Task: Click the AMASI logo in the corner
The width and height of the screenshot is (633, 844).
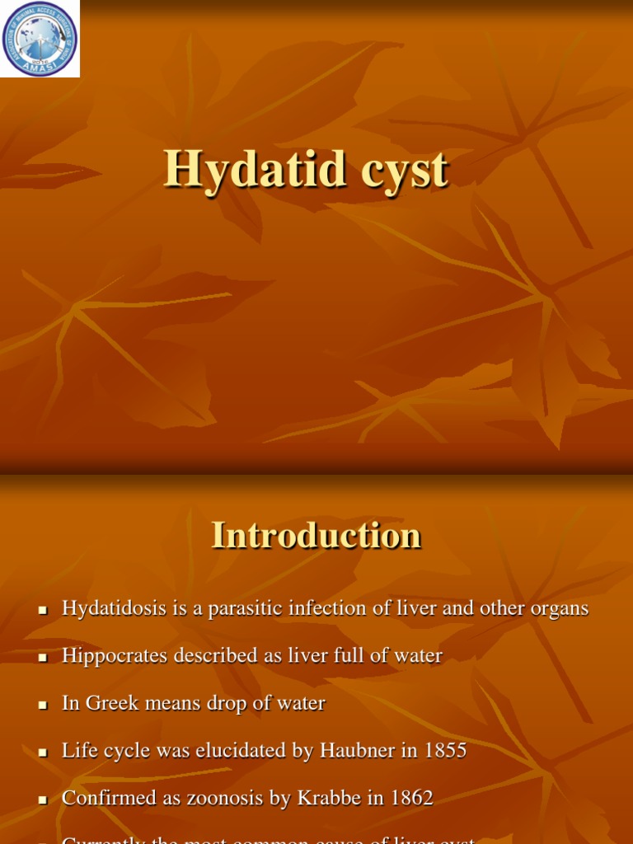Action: coord(40,39)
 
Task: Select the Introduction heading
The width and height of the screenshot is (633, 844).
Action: coord(316,535)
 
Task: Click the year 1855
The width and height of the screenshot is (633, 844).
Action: coord(443,751)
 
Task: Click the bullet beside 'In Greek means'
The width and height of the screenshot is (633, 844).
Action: coord(43,706)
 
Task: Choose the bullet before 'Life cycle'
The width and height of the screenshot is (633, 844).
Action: coord(43,753)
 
